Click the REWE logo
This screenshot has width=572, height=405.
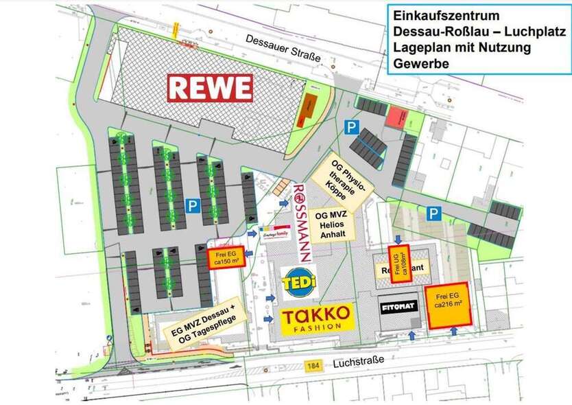tap(211, 87)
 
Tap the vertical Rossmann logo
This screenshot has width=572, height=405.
tap(302, 221)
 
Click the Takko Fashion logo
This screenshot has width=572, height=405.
tap(318, 319)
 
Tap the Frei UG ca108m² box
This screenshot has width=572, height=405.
tap(401, 262)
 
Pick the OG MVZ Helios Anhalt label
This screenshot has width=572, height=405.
tap(337, 224)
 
